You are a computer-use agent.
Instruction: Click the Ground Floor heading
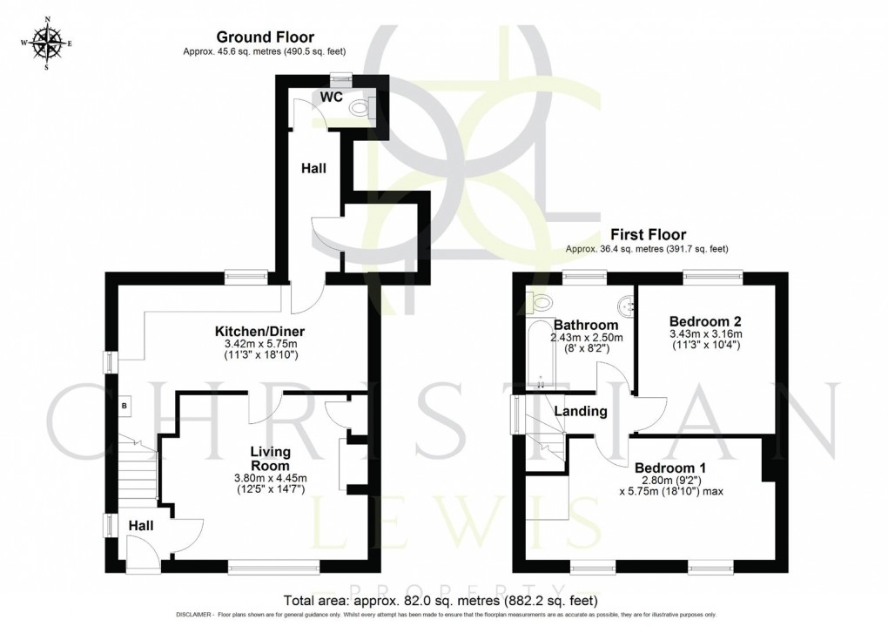pyautogui.click(x=265, y=37)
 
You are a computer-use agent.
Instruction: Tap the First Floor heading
pyautogui.click(x=648, y=234)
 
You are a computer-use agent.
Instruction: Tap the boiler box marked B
pyautogui.click(x=124, y=406)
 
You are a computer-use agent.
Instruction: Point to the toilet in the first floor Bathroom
pyautogui.click(x=541, y=303)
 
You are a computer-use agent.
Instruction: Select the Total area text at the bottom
pyautogui.click(x=441, y=600)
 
